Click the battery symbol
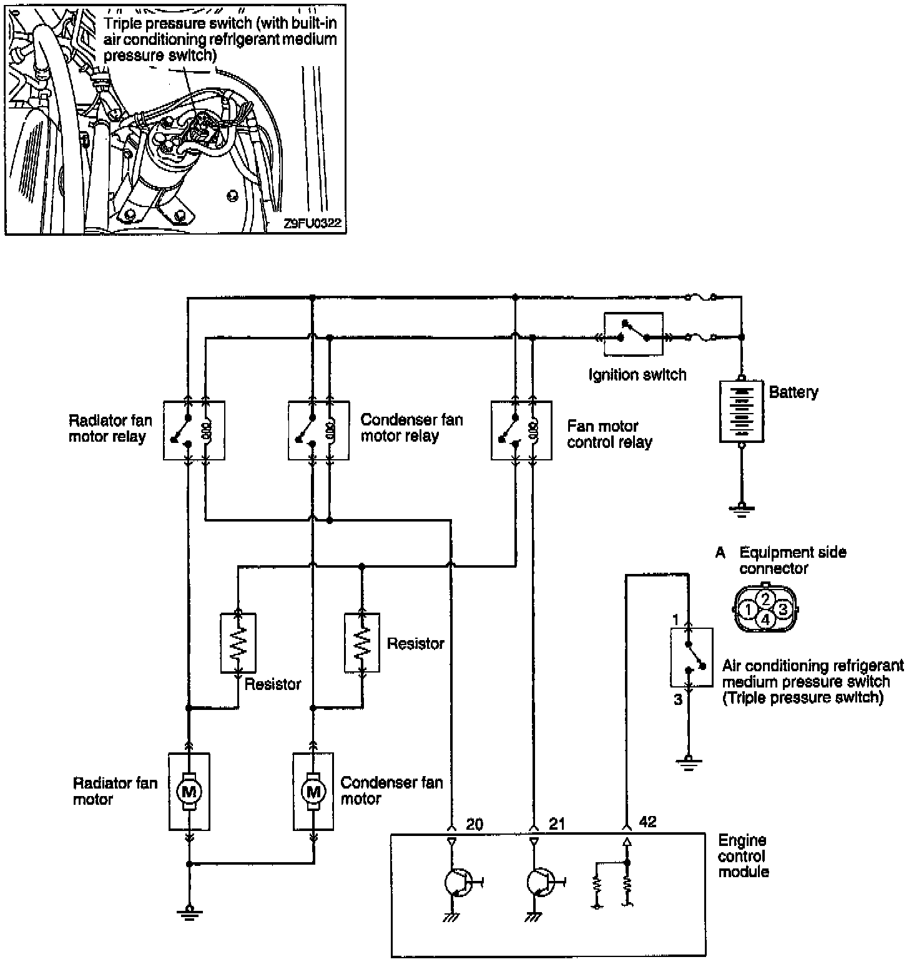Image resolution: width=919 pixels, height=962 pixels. (741, 412)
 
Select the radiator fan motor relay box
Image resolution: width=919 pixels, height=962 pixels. (194, 430)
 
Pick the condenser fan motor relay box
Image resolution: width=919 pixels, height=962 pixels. (318, 430)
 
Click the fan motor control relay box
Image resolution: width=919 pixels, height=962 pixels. (521, 430)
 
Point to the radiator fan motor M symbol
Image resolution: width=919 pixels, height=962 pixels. (189, 792)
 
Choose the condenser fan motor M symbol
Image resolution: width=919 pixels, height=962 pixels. (313, 792)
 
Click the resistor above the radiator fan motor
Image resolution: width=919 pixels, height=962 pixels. (238, 643)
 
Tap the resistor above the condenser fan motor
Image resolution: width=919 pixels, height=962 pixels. (361, 643)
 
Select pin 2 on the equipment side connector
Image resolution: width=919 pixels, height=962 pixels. (767, 598)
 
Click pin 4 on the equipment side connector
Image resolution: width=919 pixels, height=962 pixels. (766, 619)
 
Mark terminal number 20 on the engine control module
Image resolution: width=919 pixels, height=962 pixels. (474, 824)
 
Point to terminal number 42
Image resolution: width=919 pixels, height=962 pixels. (648, 822)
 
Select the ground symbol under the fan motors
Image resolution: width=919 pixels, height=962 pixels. (189, 912)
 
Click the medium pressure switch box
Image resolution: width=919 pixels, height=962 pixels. (692, 657)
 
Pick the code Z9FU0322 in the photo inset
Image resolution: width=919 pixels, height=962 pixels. (313, 223)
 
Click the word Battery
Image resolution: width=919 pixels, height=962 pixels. (793, 392)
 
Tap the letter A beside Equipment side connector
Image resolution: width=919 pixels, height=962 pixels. (720, 553)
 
